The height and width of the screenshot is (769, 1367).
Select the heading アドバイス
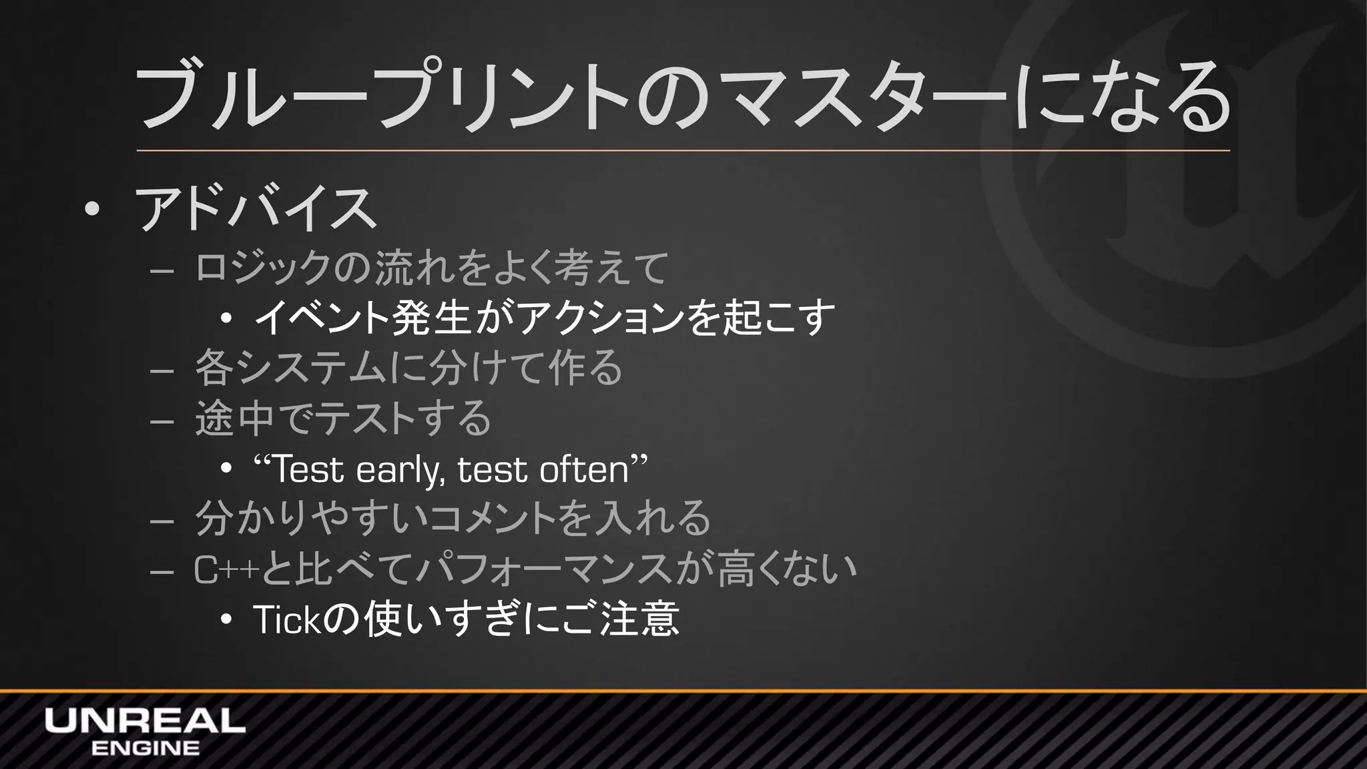256,209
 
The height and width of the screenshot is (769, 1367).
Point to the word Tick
288,620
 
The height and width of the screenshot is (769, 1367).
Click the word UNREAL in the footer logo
145,721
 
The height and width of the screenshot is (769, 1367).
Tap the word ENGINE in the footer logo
145,748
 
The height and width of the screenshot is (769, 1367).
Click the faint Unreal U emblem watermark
1175,194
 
